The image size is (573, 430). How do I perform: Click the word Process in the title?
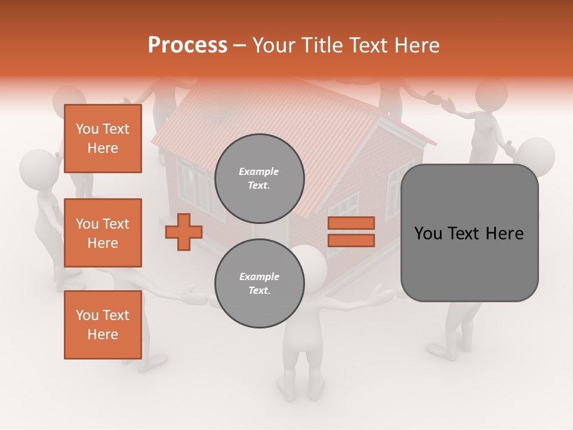pos(187,45)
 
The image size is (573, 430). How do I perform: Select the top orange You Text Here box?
pos(103,139)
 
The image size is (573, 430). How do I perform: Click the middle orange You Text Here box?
pos(103,233)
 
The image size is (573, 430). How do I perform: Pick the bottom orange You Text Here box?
pos(103,325)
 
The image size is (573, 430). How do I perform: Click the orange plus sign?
pos(184,232)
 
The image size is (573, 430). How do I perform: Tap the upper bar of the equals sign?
pos(351,223)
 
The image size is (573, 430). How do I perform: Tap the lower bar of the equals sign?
pos(351,240)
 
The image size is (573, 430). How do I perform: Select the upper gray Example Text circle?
pos(259,178)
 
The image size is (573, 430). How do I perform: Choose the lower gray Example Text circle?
pos(259,283)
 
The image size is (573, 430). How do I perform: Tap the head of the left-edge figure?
pos(38,169)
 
